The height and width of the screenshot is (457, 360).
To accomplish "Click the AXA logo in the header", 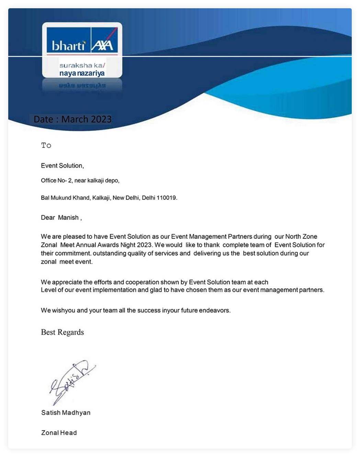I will click(102, 45).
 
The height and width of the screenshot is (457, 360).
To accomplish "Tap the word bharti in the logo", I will click(68, 45).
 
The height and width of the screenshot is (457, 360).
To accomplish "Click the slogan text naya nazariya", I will click(82, 73).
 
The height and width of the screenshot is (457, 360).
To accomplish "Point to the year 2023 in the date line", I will click(101, 119).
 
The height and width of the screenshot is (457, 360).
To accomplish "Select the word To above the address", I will click(46, 145).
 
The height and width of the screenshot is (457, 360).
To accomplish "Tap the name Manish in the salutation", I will click(68, 218).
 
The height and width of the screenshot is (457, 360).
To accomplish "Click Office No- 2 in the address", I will click(54, 181).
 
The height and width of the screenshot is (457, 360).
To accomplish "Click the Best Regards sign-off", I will click(62, 332).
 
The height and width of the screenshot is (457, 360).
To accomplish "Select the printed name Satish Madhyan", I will click(66, 413).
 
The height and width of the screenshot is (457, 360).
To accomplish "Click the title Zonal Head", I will click(59, 433).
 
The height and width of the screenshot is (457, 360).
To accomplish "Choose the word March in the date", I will click(75, 119).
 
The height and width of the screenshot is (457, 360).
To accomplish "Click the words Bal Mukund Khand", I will click(65, 198).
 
